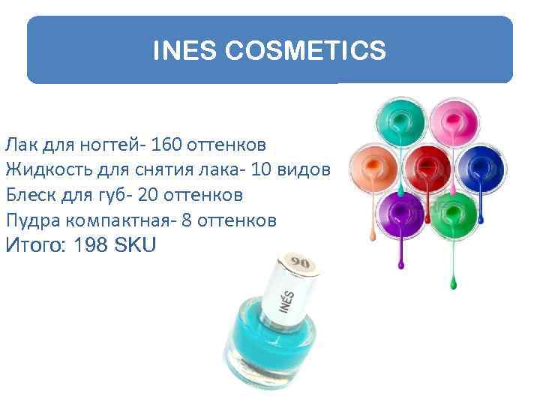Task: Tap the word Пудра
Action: coord(31,221)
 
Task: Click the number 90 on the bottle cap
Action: coord(300,262)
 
